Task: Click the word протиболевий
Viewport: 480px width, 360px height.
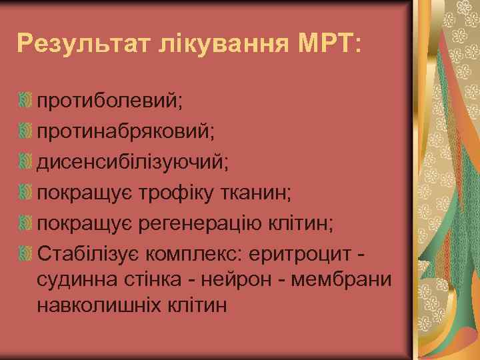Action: coord(111,101)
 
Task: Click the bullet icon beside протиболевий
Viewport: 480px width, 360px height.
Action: coord(26,101)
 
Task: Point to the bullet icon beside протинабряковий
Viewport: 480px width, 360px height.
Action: coord(26,131)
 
